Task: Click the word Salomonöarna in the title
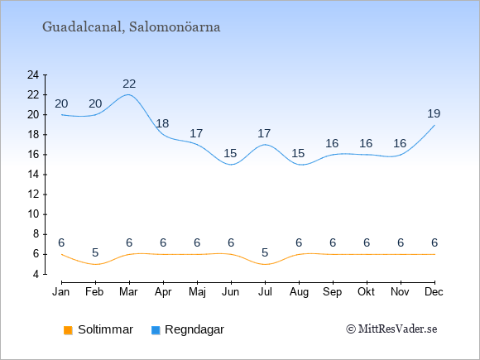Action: coord(175,27)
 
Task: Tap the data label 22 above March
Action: coord(129,84)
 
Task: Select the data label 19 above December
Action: coord(434,113)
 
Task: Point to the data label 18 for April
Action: coord(162,123)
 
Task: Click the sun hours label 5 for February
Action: coord(95,253)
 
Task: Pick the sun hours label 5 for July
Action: coord(265,253)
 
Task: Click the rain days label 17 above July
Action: coord(264,133)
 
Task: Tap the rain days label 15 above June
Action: coord(230,153)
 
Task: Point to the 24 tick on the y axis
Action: coord(33,74)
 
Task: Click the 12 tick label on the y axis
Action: coord(33,194)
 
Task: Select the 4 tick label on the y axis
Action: coord(36,274)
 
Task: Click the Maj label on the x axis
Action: coord(197,292)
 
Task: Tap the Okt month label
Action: coord(366,292)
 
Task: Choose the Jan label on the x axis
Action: coord(61,292)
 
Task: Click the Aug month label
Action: coord(299,292)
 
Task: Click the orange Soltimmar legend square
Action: coord(68,330)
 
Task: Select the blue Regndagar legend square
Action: coord(156,330)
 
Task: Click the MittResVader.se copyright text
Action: coord(391,329)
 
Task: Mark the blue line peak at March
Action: coord(128,94)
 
